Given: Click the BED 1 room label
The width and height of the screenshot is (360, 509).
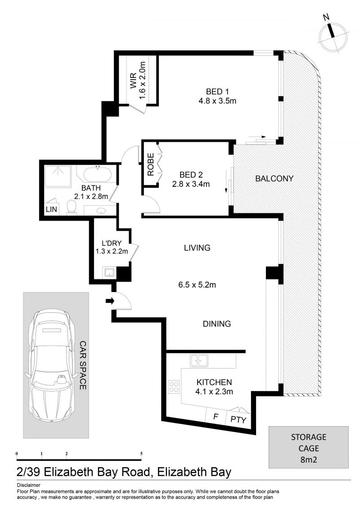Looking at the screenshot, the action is [x=217, y=91].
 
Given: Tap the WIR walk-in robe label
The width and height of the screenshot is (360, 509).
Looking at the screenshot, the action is [x=133, y=81].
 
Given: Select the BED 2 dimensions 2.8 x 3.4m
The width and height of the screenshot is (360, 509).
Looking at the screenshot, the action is [x=191, y=184].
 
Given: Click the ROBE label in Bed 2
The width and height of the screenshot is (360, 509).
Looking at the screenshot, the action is [x=151, y=165].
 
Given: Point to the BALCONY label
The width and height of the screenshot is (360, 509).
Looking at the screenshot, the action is [x=274, y=179].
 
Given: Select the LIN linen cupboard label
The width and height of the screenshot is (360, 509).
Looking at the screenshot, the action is [x=51, y=209].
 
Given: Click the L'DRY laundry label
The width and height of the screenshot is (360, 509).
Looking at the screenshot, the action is [x=112, y=243].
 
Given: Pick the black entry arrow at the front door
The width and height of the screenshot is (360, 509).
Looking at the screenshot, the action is [x=110, y=301].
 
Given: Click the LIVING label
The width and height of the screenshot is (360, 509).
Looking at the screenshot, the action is [x=197, y=248].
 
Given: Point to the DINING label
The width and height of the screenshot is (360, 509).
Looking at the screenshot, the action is [x=217, y=324].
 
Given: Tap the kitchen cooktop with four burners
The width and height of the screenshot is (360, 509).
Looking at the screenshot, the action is [x=174, y=387].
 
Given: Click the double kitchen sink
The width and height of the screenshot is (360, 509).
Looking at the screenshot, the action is [x=199, y=360].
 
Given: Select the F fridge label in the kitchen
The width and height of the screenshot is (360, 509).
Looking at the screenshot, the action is [x=216, y=416].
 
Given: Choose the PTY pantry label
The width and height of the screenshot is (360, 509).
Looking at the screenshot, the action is [x=238, y=419].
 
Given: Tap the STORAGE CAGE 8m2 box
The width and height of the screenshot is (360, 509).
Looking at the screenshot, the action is [x=308, y=447].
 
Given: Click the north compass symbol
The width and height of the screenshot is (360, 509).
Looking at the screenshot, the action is [x=333, y=35].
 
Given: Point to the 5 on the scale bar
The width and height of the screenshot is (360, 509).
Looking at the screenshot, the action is [x=141, y=454].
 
